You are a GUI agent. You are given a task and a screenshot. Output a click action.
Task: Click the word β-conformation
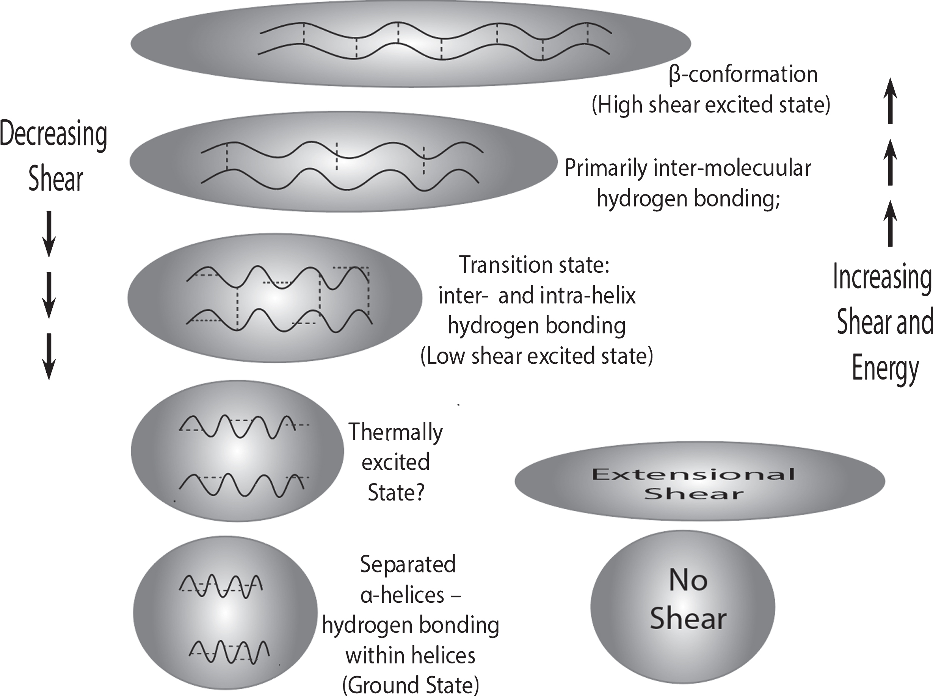tap(743, 74)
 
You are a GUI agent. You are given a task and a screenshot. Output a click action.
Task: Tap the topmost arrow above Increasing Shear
tap(891, 101)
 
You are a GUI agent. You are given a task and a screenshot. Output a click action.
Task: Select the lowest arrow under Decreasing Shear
tap(49, 357)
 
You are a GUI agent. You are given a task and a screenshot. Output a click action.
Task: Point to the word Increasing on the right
tap(883, 278)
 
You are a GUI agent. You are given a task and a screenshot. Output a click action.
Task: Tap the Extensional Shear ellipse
tap(699, 481)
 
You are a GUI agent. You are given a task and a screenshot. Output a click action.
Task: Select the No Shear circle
tap(682, 607)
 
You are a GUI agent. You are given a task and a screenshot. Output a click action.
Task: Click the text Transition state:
tap(534, 265)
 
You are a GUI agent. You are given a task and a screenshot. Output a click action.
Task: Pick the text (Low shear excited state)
tap(537, 356)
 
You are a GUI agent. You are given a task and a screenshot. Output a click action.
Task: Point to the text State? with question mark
tap(395, 492)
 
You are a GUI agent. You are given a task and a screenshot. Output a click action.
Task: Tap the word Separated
tap(408, 564)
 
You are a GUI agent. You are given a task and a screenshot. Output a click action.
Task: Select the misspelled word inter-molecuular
tap(732, 168)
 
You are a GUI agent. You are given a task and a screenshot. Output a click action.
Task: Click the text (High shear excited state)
tap(711, 105)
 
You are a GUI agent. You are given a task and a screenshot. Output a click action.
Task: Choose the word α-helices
tap(402, 595)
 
